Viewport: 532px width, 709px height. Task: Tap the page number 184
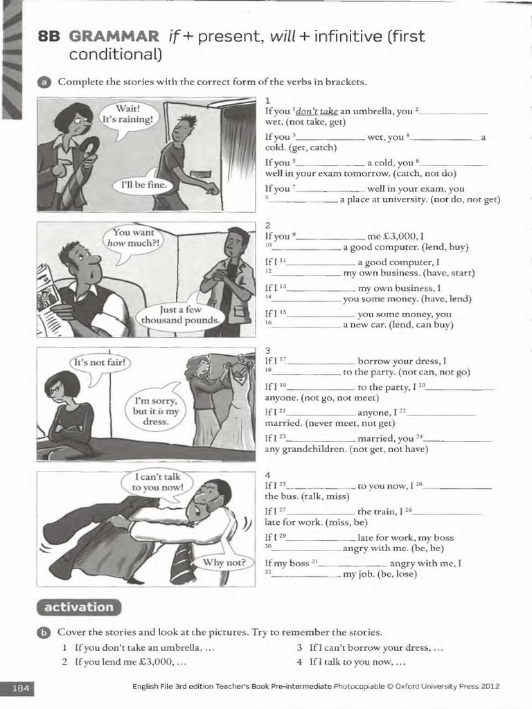click(x=21, y=687)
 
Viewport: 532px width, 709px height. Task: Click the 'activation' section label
click(x=78, y=607)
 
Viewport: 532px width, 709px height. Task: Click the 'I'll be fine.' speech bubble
click(x=140, y=186)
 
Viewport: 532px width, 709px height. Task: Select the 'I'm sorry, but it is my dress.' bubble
click(x=157, y=411)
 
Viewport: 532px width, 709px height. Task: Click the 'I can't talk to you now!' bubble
click(x=159, y=481)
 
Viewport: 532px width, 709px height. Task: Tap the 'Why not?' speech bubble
click(x=223, y=562)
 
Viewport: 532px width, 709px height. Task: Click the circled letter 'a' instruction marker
click(x=43, y=82)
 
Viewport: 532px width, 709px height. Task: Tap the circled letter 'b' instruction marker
click(x=43, y=632)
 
